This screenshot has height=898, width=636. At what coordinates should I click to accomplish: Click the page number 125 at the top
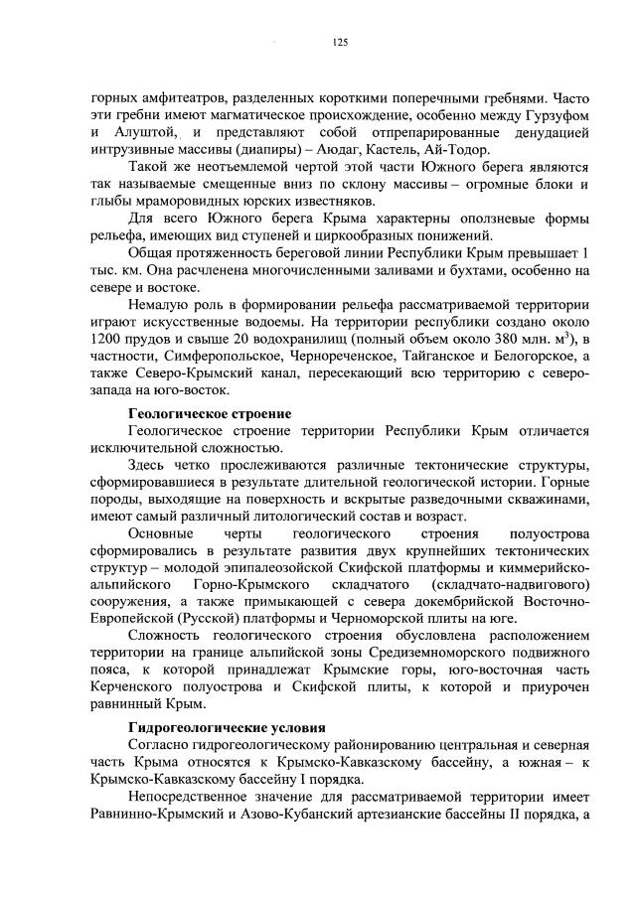[x=339, y=42]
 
